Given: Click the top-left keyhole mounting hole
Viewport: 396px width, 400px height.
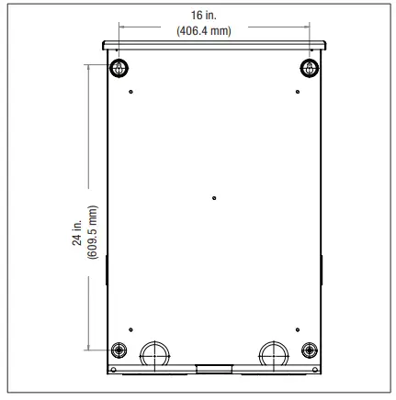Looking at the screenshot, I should pos(119,67).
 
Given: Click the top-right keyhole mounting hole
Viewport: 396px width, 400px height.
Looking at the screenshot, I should pos(310,67).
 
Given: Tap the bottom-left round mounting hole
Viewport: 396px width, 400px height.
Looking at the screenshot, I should pos(119,350).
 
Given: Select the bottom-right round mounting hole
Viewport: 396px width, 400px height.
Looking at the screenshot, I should pos(311,350).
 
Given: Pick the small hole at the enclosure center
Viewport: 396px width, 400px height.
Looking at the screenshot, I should pos(214,196).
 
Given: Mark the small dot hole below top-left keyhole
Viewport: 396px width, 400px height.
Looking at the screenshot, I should pos(131,92).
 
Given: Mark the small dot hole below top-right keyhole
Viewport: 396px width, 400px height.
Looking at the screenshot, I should pos(297,92).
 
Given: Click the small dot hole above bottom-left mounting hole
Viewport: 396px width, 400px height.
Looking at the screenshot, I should pos(131,329).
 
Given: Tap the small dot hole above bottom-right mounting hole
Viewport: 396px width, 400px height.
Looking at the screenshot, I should pos(297,329).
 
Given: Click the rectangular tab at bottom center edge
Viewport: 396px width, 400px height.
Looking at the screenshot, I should pos(214,369).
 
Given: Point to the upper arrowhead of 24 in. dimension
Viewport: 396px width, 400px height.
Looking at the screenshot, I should pos(89,66).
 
